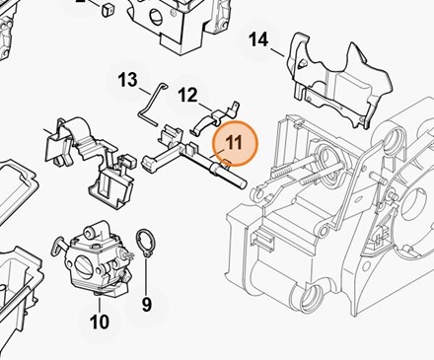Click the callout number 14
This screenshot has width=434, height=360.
coord(258,39)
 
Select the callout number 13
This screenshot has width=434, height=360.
coord(128,80)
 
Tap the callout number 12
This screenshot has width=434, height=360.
coord(187,95)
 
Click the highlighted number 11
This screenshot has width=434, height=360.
coord(234,142)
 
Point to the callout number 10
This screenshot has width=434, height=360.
coord(100,322)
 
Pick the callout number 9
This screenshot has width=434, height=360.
coord(147,304)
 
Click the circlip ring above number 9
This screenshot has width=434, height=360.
coord(146,243)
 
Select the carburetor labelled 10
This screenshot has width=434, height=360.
coord(92,259)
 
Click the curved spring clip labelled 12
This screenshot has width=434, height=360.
coord(214,117)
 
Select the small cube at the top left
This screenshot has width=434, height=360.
coord(107,10)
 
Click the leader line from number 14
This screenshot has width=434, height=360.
coord(278,52)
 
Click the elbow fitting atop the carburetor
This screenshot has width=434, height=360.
coord(95,231)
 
